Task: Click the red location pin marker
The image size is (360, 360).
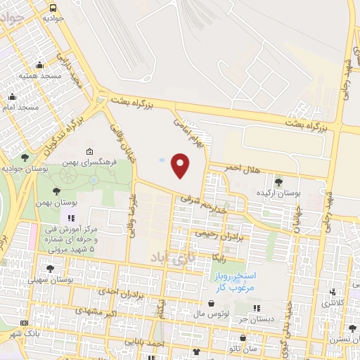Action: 181,165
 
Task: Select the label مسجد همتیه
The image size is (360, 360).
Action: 37,75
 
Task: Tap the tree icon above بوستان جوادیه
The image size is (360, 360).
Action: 26,157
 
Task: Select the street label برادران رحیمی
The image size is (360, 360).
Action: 218,233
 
